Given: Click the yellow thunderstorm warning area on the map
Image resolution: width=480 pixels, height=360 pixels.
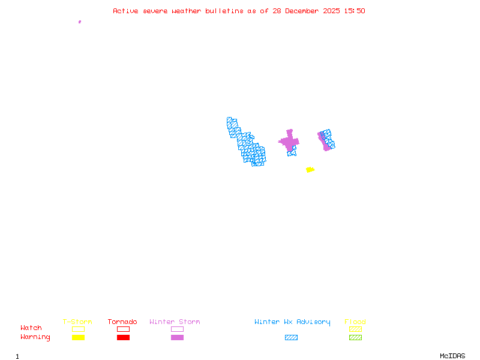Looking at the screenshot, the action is click(310, 170).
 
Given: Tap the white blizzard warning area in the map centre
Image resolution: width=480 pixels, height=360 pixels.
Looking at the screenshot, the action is click(280, 149).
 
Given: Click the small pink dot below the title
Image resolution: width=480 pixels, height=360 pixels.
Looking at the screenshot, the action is click(80, 22).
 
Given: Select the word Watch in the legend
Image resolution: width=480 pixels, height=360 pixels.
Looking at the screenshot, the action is click(31, 328).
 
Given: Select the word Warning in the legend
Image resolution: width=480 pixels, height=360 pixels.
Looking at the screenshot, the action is click(35, 337).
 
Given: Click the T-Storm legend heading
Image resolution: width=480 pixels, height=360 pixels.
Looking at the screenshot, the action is click(77, 322).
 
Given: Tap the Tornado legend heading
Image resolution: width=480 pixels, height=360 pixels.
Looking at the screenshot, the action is click(122, 322).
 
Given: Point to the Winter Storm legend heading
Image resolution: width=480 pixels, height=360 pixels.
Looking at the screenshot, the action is click(175, 322).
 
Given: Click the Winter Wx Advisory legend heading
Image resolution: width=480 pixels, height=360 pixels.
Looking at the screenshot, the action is click(292, 322).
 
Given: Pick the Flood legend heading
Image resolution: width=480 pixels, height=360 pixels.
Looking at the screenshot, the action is click(355, 322).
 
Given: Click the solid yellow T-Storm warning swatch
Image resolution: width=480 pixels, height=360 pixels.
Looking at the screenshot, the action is click(78, 337).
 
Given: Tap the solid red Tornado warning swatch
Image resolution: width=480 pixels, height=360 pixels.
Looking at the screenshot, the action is click(123, 337).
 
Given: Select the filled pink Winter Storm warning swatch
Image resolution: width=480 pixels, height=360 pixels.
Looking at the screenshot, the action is click(177, 337).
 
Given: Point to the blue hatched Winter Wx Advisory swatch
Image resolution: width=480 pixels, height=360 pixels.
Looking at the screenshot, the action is click(291, 337).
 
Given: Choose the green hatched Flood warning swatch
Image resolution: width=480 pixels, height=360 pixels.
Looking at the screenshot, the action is click(355, 337).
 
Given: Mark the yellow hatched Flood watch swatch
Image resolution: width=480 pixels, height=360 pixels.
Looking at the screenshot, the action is click(355, 329).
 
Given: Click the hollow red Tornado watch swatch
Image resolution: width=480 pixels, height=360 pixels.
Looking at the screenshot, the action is click(123, 329).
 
